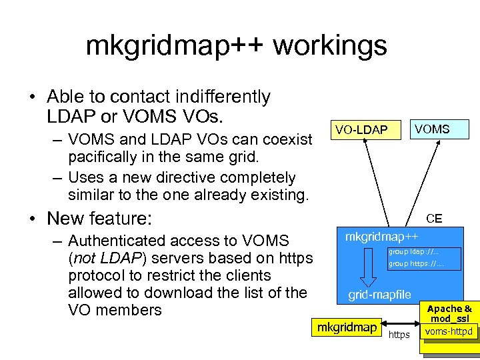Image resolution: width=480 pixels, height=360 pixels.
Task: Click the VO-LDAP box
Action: (361, 129)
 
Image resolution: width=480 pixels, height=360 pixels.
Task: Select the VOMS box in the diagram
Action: (432, 129)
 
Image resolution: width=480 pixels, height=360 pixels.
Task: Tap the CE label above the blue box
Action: (434, 218)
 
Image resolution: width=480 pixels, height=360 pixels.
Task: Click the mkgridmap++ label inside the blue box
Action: (382, 237)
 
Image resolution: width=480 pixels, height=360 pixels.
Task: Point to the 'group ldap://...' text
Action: (413, 251)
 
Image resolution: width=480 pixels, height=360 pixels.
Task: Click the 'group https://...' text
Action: (415, 264)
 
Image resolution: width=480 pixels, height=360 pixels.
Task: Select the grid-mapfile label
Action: (380, 295)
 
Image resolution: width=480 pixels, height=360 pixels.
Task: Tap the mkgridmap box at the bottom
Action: (346, 327)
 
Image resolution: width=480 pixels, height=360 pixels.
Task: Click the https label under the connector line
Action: (399, 335)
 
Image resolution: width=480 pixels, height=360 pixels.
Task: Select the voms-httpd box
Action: (449, 331)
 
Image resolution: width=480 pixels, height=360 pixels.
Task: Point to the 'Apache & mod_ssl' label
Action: (449, 313)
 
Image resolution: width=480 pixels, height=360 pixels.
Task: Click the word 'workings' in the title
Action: (329, 45)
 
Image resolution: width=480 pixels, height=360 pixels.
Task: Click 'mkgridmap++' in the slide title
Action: (175, 45)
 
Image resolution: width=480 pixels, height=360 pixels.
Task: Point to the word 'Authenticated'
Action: (121, 241)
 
